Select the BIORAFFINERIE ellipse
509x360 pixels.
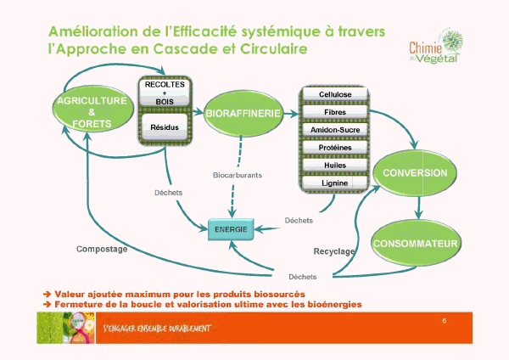tap(238, 112)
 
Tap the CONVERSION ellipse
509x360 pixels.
tap(415, 172)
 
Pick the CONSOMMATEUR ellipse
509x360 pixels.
tap(416, 244)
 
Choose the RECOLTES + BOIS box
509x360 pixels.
tap(165, 93)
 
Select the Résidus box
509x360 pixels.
tap(165, 127)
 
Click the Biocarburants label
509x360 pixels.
tap(237, 175)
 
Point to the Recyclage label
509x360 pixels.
tap(333, 252)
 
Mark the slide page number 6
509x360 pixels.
tap(445, 320)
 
